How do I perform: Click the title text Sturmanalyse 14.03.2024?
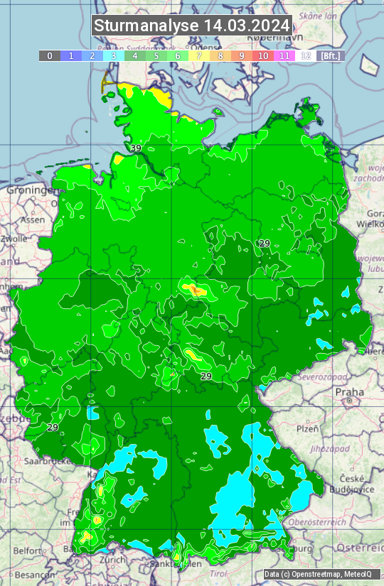[191, 26]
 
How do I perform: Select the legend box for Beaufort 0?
[50, 55]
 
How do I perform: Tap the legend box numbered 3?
[114, 55]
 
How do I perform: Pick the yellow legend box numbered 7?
[199, 55]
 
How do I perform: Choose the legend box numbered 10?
[263, 55]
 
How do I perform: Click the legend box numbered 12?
[306, 55]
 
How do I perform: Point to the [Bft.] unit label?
[331, 55]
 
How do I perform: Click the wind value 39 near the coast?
[136, 148]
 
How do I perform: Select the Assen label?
[32, 220]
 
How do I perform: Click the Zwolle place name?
[14, 239]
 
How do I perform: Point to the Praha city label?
[349, 391]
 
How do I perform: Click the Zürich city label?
[113, 560]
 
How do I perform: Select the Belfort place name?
[28, 550]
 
